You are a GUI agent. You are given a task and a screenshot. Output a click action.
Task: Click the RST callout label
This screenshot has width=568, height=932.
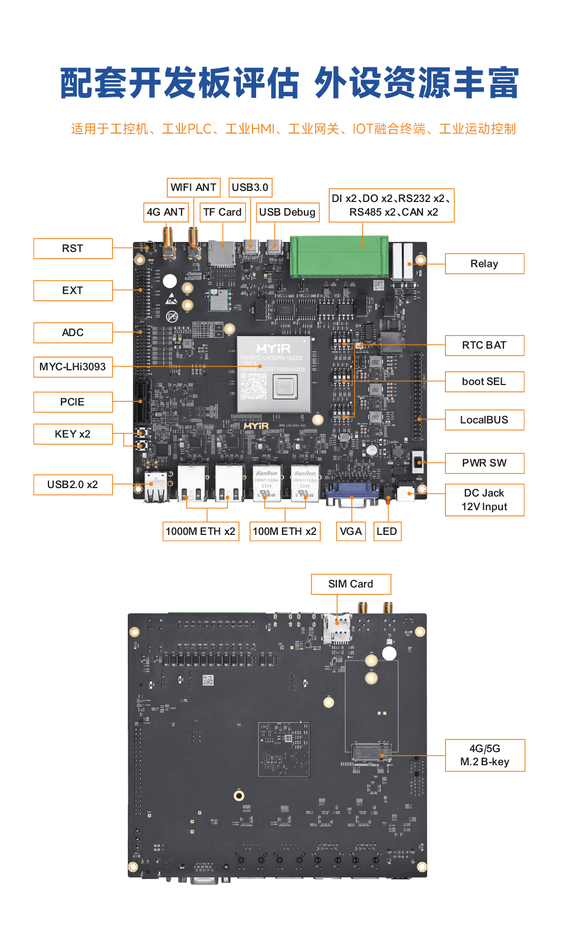pyautogui.click(x=73, y=249)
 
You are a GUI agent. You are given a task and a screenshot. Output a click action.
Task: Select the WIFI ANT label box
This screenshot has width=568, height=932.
pyautogui.click(x=194, y=187)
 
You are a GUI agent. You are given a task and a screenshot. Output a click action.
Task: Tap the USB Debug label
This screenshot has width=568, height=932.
pyautogui.click(x=287, y=212)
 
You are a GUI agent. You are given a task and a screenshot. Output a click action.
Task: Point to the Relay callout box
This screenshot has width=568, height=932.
pyautogui.click(x=484, y=264)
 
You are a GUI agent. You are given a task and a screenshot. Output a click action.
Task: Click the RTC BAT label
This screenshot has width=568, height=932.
pyautogui.click(x=484, y=346)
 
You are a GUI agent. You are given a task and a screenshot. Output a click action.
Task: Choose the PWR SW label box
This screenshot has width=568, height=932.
pyautogui.click(x=484, y=463)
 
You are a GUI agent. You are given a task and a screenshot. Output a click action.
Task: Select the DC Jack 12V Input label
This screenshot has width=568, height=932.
pyautogui.click(x=484, y=500)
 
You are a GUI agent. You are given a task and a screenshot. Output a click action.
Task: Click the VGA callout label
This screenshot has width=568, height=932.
pyautogui.click(x=351, y=531)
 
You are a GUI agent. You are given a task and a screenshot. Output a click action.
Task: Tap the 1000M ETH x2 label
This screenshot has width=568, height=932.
pyautogui.click(x=200, y=531)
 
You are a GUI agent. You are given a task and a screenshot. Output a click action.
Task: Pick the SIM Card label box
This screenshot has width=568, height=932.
pyautogui.click(x=351, y=584)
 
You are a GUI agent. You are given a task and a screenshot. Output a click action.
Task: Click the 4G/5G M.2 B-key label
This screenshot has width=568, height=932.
pyautogui.click(x=485, y=755)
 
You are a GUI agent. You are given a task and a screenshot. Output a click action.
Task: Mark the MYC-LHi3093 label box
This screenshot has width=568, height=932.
pyautogui.click(x=73, y=367)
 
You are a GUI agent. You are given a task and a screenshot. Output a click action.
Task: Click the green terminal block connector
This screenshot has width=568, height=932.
pyautogui.click(x=339, y=257)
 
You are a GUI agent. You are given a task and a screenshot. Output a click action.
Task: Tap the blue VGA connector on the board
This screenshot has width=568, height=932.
pyautogui.click(x=352, y=493)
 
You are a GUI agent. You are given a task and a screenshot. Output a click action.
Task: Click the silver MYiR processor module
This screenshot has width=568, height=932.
pyautogui.click(x=273, y=374)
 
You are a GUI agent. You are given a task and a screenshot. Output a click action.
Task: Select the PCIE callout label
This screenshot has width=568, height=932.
pyautogui.click(x=73, y=402)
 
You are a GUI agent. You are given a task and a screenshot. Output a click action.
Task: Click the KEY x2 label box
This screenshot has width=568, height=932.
pyautogui.click(x=73, y=434)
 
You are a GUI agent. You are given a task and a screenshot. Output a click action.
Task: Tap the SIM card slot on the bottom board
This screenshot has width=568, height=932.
pyautogui.click(x=337, y=629)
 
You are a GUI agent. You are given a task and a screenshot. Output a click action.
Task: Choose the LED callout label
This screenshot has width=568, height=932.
pyautogui.click(x=387, y=531)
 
